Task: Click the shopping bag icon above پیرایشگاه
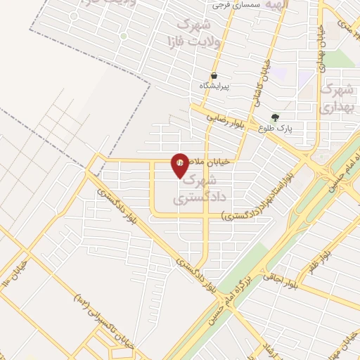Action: pyautogui.click(x=214, y=75)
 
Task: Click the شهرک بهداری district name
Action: pyautogui.click(x=335, y=98)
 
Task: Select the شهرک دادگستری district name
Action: pyautogui.click(x=204, y=189)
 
